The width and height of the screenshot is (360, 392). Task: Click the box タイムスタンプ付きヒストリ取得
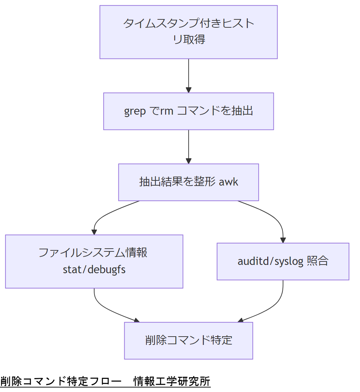pos(189,32)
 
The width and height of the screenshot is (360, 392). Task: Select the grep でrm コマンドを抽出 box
pos(189,111)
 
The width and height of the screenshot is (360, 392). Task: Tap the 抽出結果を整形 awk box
pos(189,182)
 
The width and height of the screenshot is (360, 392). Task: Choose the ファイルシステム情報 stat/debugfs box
pos(94,261)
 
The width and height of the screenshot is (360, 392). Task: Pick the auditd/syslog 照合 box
pos(283,261)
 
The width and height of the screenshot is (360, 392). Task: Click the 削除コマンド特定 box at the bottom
pos(189,340)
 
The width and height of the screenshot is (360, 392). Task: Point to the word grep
pos(135,112)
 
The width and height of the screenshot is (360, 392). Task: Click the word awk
pos(228,182)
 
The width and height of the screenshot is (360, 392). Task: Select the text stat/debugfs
pos(94,269)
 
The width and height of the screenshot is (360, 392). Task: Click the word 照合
pos(317,261)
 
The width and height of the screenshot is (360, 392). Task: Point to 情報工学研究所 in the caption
pos(172,381)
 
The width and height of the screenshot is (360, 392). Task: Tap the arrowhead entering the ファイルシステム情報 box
pos(94,232)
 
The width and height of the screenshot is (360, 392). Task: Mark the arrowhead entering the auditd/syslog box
pos(283,240)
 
